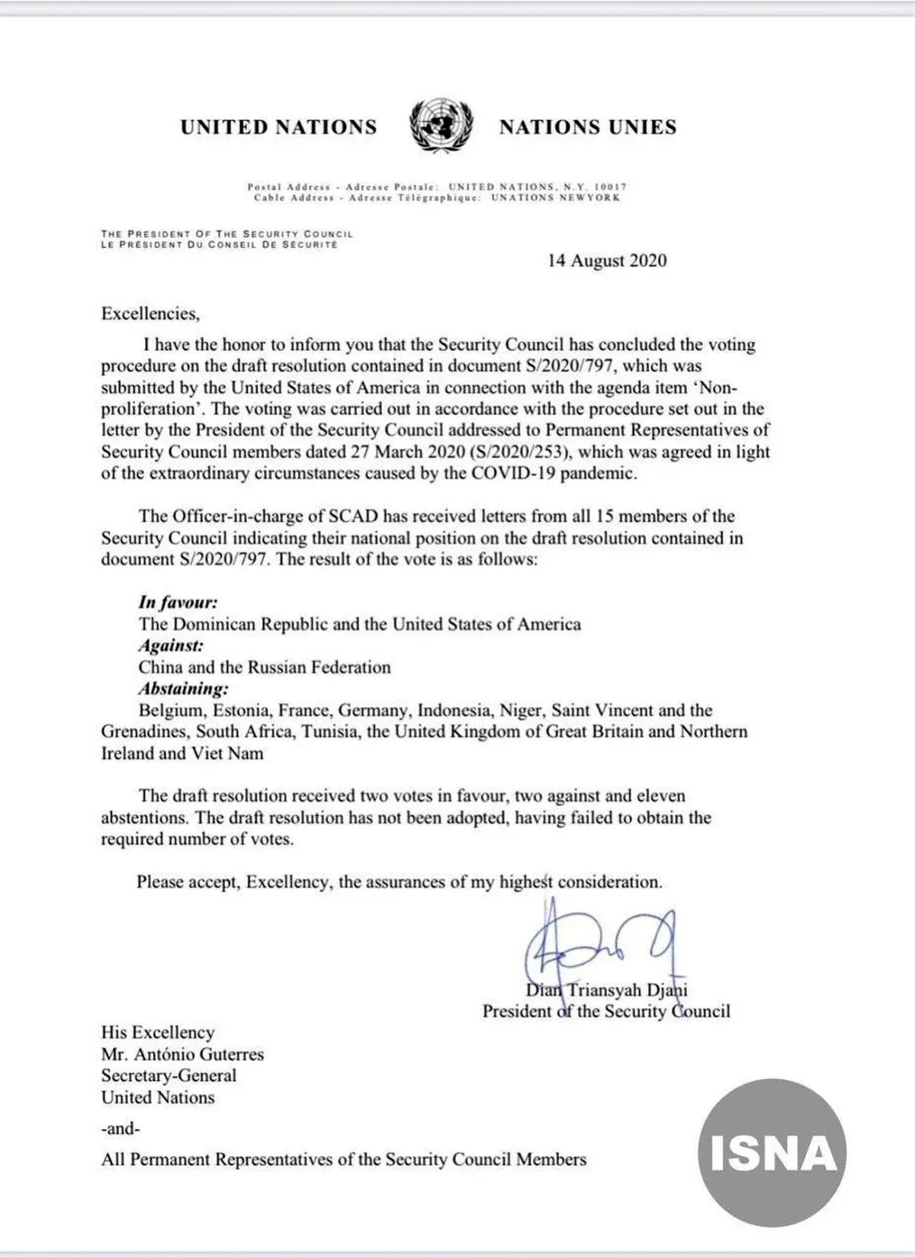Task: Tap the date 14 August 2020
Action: [607, 261]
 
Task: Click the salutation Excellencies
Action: [150, 313]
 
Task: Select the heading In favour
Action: [178, 603]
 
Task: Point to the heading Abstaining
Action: [183, 689]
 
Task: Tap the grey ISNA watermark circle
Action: [772, 1154]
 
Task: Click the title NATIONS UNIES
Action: [587, 126]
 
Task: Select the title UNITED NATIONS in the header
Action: [278, 126]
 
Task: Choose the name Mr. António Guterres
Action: [182, 1055]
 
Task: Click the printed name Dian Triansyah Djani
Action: [607, 991]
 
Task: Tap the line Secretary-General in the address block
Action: [169, 1076]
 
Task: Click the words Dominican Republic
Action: [251, 625]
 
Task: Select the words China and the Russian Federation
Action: [264, 667]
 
